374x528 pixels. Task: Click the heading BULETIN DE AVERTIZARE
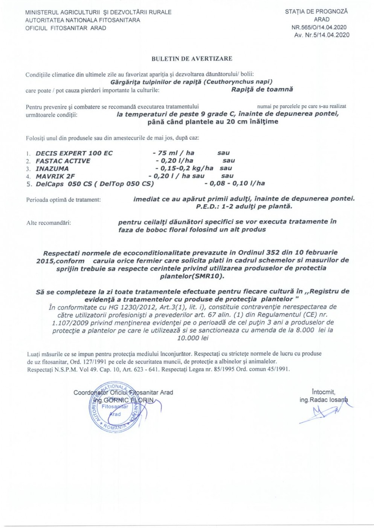[x=192, y=59]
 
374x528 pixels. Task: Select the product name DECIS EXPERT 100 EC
[x=74, y=153]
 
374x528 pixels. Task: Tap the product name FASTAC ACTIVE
[x=63, y=161]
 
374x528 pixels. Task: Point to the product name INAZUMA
[x=52, y=169]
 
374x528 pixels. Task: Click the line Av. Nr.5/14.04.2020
[x=322, y=35]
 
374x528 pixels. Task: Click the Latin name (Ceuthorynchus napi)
[x=238, y=81]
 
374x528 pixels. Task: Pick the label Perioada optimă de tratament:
[x=63, y=200]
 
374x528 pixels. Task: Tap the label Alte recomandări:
[x=49, y=223]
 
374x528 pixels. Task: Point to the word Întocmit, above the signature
[x=324, y=392]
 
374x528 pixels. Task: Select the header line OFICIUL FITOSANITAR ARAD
[x=66, y=28]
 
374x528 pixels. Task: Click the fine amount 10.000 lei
[x=192, y=338]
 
